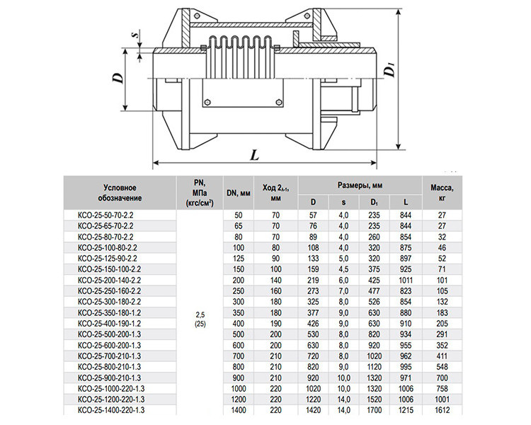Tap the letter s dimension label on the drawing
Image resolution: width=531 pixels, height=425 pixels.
[137, 35]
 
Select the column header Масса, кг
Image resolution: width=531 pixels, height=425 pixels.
[442, 193]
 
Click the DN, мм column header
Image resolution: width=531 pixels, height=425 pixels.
[239, 193]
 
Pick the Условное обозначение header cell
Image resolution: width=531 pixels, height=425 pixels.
[120, 193]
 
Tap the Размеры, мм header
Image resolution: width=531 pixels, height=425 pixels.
[360, 185]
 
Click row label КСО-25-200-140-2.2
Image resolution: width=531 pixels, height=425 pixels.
[109, 280]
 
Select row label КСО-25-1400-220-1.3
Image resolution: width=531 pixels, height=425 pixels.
[111, 410]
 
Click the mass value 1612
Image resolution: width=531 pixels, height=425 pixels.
[442, 410]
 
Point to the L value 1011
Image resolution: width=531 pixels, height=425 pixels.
[406, 280]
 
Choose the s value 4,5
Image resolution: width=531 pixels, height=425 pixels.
[343, 269]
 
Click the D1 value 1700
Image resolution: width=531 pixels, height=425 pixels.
[375, 410]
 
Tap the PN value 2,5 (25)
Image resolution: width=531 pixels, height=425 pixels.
[200, 319]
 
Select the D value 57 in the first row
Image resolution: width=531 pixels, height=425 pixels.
[313, 215]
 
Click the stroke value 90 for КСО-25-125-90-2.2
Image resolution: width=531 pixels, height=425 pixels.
[275, 259]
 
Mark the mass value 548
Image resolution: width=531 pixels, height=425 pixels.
[442, 367]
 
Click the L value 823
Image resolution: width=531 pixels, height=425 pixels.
[406, 291]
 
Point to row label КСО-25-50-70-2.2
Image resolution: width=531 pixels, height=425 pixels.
[105, 215]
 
